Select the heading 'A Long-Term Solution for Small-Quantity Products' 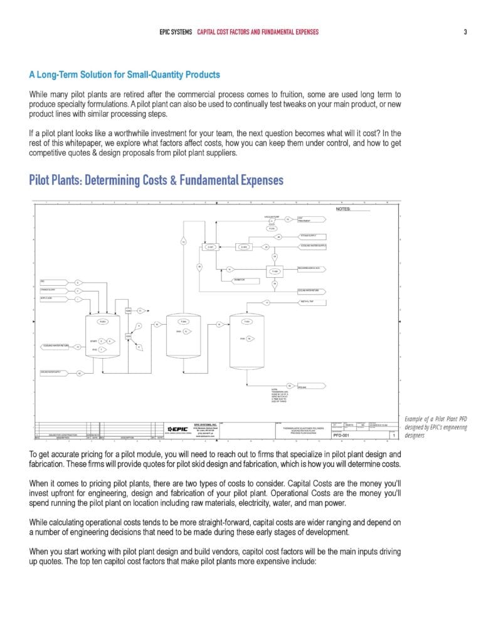(124, 75)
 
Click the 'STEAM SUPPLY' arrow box (311, 236)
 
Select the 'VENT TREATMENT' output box (311, 219)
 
